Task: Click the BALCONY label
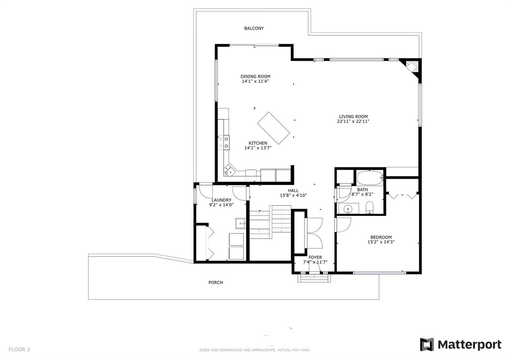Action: point(254,28)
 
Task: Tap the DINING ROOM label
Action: point(255,76)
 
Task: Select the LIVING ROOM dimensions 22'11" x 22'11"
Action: point(353,121)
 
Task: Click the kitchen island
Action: point(273,128)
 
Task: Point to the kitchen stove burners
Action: point(223,142)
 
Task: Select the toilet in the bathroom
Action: point(369,207)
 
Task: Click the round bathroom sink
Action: point(348,208)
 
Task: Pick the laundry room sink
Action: point(240,223)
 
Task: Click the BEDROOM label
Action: point(381,237)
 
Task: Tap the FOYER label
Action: point(315,257)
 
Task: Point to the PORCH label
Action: point(215,282)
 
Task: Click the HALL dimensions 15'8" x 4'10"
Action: point(293,195)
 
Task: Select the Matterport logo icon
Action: point(427,344)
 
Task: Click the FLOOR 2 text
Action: point(19,349)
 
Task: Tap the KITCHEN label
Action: point(258,143)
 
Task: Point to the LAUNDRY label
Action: point(222,200)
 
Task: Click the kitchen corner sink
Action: point(229,170)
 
